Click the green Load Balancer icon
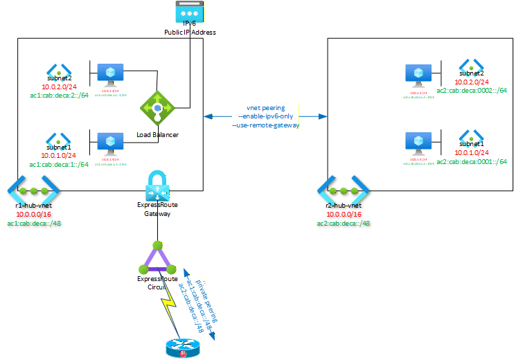click(x=158, y=107)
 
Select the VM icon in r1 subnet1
click(x=111, y=142)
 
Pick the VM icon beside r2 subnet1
click(x=418, y=142)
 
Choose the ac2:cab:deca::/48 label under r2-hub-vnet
click(x=342, y=223)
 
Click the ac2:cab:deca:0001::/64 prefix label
click(x=471, y=161)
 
